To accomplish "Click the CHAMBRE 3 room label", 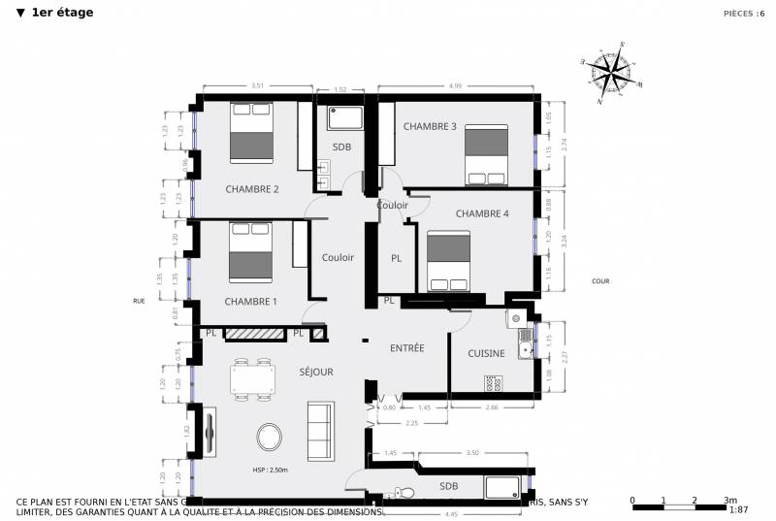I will point(430,126).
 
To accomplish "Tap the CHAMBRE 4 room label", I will point(482,213).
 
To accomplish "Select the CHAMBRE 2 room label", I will point(252,189).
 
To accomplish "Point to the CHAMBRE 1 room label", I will point(250,302).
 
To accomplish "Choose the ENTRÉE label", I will point(407,347).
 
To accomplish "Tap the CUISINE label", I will point(486,353).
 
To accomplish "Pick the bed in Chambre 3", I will point(486,153).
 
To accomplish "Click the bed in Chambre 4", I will point(448,260).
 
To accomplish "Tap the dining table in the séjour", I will point(251,378).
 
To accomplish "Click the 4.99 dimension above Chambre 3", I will point(455,87).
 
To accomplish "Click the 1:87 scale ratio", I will point(738,509).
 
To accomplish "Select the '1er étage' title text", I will point(61,13).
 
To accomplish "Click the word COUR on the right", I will point(599,281).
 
